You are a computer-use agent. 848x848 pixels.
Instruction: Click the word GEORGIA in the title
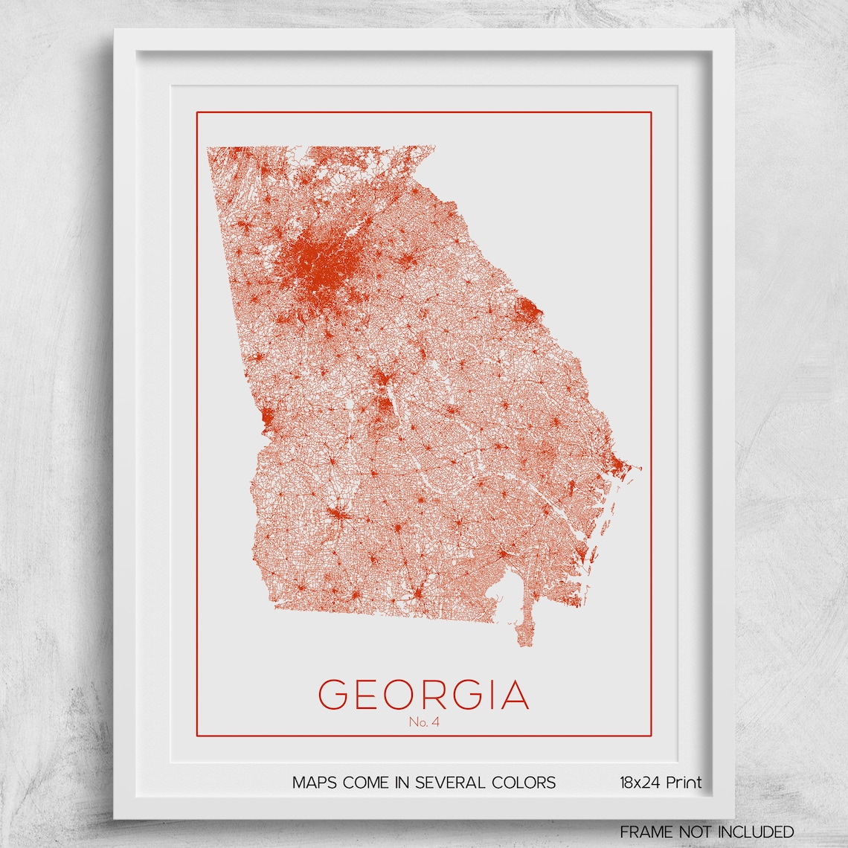point(423,695)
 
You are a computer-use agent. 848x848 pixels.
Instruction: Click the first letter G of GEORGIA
point(333,695)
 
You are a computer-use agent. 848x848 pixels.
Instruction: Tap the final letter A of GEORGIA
point(515,695)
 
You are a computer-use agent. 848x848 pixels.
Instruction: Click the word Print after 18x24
point(684,783)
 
